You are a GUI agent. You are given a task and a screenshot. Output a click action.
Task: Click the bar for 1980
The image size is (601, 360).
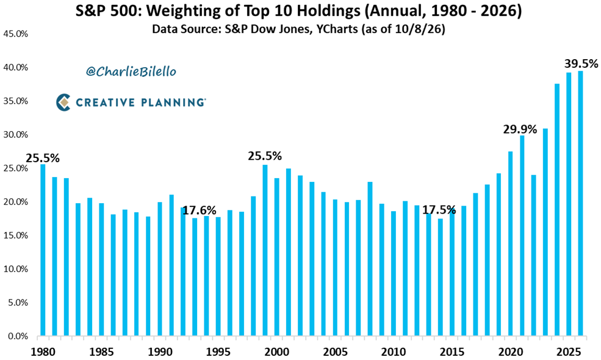click(43, 250)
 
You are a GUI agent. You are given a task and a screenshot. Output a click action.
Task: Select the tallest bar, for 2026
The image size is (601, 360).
click(581, 204)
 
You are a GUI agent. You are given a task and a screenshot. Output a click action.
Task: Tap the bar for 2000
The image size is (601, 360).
click(277, 257)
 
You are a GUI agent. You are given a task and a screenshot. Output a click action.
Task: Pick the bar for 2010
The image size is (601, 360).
click(394, 274)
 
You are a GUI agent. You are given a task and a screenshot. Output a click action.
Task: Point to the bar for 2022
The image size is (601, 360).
click(534, 256)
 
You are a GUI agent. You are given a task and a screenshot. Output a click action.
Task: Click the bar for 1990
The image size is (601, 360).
click(159, 269)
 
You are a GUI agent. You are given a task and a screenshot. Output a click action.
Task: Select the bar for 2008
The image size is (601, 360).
click(370, 259)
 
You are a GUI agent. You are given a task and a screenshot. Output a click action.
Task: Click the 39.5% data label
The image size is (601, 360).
click(581, 63)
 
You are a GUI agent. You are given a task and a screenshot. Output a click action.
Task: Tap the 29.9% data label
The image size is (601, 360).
click(520, 129)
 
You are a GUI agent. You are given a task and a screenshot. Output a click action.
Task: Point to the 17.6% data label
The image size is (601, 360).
click(199, 211)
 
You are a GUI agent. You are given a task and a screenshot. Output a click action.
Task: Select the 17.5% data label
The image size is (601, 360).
click(439, 210)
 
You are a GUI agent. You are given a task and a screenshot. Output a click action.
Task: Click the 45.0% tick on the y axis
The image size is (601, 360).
click(16, 34)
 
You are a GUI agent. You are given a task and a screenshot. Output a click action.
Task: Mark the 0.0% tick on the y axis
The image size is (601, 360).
click(18, 336)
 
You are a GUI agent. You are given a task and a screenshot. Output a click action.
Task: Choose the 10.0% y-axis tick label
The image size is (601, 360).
click(16, 269)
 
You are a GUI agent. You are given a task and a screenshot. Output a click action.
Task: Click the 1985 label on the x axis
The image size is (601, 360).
click(101, 352)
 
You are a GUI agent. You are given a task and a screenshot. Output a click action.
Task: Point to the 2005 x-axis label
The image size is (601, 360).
click(335, 352)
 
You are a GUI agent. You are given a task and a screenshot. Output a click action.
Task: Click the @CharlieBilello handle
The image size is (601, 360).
click(131, 71)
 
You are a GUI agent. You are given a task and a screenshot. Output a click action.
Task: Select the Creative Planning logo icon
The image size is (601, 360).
click(63, 103)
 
